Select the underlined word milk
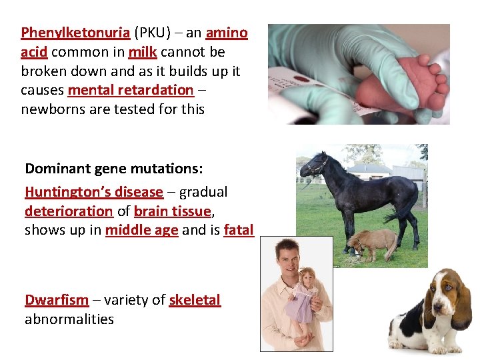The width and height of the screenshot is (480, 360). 143,52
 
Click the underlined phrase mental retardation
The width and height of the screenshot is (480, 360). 130,90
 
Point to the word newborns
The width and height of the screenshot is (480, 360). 51,109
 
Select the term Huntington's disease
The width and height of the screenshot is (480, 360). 94,192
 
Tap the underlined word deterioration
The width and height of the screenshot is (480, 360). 69,211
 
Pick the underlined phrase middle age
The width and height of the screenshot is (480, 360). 141,230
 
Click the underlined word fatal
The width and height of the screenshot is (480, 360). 239,230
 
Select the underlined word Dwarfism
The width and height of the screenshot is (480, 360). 57,300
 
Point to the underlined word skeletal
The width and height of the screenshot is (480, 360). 194,300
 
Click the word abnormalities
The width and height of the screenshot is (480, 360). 69,319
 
